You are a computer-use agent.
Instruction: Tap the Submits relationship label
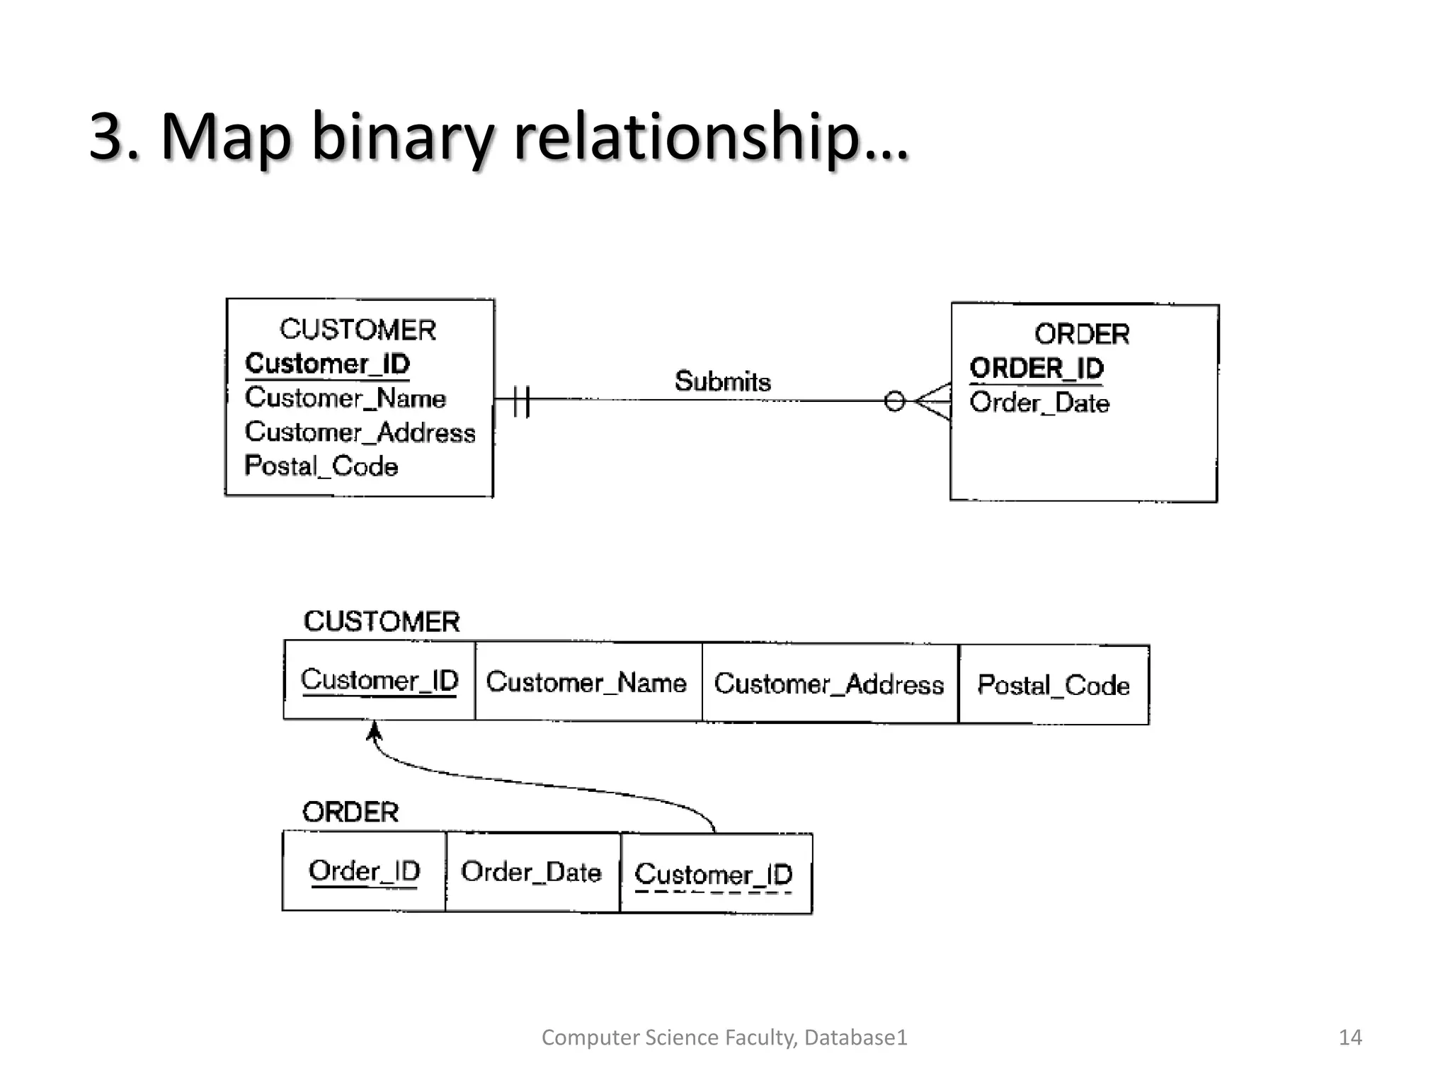[722, 381]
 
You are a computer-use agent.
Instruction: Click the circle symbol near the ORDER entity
[894, 401]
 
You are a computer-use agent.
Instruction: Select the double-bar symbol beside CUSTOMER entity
[521, 401]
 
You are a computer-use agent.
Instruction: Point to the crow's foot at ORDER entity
[935, 401]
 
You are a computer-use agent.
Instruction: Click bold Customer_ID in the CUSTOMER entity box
[327, 364]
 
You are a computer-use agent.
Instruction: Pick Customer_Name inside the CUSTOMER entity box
[345, 398]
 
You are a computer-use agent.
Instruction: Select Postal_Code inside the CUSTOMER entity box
[321, 466]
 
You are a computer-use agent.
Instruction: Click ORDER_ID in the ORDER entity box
[1036, 368]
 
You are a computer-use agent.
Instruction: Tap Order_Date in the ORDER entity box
[1039, 403]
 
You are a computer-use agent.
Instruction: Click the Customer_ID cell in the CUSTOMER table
[379, 681]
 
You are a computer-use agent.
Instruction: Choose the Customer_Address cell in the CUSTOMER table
[829, 684]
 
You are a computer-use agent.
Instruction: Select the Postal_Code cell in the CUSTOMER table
[1054, 685]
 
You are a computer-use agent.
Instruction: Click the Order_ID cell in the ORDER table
[364, 871]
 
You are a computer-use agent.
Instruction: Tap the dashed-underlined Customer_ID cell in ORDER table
[714, 875]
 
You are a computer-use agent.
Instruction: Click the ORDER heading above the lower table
[350, 812]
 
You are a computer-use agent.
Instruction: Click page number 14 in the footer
[1349, 1037]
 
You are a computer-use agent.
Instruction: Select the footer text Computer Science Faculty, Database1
[724, 1037]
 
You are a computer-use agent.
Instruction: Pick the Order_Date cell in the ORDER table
[531, 872]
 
